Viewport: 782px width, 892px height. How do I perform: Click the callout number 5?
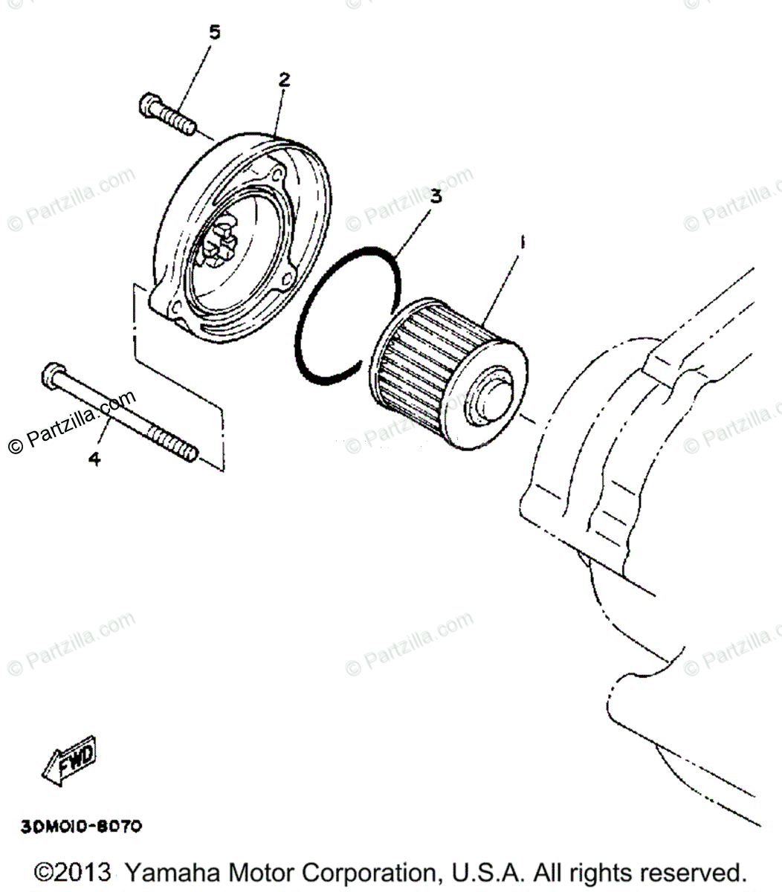[x=214, y=32]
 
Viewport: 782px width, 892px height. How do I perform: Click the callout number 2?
[x=283, y=79]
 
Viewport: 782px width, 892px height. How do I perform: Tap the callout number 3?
[x=436, y=196]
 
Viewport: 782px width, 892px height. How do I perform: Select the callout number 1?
[x=523, y=242]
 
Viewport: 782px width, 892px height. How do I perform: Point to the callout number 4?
[x=94, y=459]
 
